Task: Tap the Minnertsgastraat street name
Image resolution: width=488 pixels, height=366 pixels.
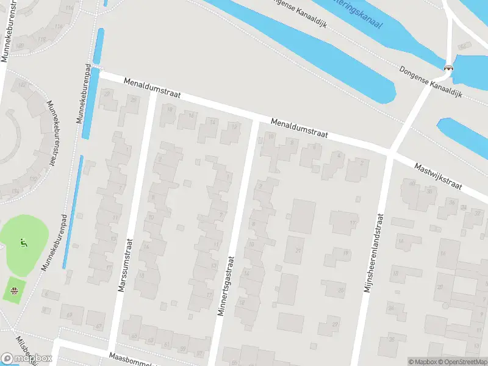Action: [x=226, y=284]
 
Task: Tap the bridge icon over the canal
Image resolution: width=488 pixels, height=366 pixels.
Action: [x=449, y=68]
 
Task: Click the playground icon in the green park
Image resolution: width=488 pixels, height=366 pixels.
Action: [x=24, y=243]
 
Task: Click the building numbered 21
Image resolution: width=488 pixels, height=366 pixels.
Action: [x=298, y=250]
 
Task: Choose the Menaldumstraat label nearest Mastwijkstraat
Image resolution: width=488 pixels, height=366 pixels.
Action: [x=300, y=127]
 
